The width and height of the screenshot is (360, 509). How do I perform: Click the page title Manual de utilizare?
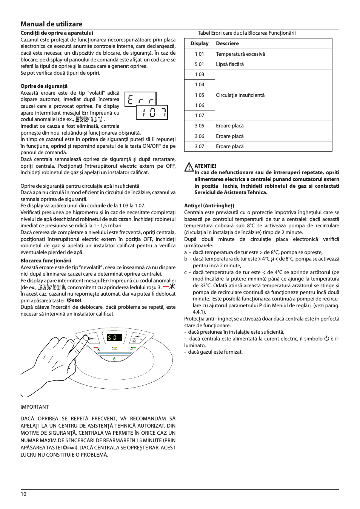[x=51, y=24]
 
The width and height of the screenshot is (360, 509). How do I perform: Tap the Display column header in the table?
[x=199, y=44]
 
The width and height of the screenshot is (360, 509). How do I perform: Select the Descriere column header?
[x=227, y=44]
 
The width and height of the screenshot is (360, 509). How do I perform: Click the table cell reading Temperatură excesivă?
[x=240, y=54]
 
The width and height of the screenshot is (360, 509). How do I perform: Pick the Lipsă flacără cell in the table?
[x=230, y=64]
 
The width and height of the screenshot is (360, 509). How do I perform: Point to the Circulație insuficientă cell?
[x=240, y=95]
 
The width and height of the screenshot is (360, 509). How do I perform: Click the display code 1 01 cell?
[x=199, y=54]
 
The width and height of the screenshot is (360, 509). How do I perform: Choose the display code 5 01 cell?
[x=199, y=64]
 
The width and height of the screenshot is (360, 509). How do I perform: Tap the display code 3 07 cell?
[x=199, y=147]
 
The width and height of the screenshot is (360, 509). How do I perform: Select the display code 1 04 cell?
[x=199, y=85]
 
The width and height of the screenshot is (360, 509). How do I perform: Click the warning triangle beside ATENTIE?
[x=189, y=167]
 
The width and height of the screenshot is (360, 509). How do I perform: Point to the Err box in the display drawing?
[x=140, y=100]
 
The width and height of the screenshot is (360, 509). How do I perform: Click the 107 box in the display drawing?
[x=152, y=112]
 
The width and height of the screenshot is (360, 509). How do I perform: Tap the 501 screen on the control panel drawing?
[x=114, y=337]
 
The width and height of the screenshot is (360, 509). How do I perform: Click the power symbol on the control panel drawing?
[x=115, y=359]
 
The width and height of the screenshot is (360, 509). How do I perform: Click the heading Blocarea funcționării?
[x=46, y=261]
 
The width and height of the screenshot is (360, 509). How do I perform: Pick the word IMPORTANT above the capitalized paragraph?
[x=34, y=407]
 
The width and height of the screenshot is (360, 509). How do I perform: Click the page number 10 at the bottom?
[x=23, y=494]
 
